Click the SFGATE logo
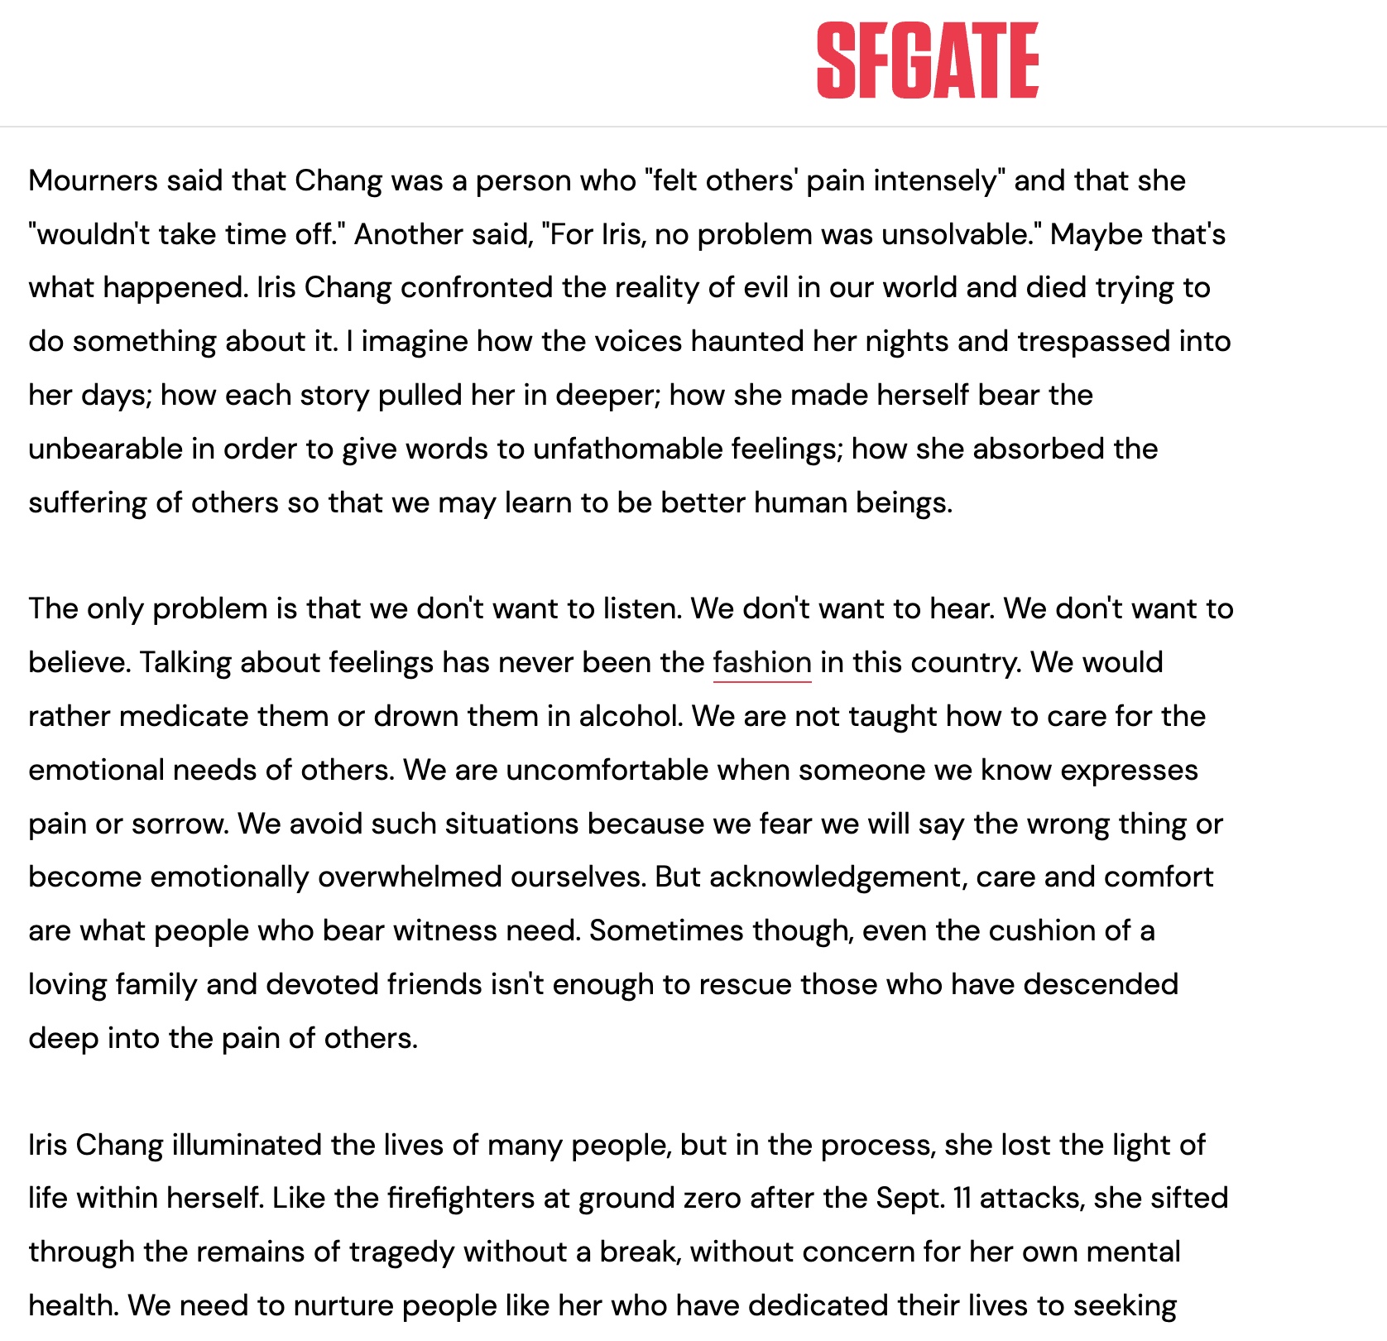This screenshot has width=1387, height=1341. [x=927, y=60]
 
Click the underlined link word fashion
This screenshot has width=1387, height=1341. [x=761, y=663]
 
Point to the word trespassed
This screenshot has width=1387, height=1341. [x=1093, y=342]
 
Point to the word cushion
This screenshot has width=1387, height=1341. [x=1044, y=930]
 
